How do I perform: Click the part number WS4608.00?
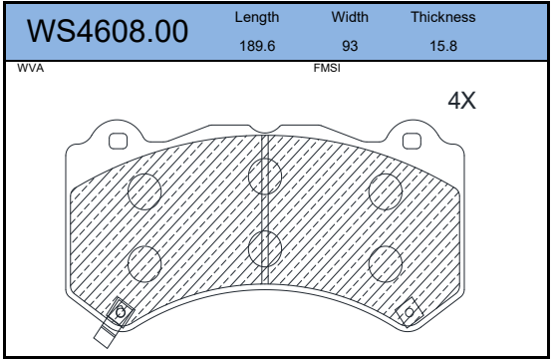point(108,31)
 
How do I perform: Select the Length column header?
point(257,17)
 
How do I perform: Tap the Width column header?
point(350,17)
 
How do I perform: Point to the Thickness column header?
point(443,17)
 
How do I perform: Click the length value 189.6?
point(257,46)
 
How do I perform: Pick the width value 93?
point(350,46)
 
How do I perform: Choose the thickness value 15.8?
point(443,46)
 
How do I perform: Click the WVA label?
point(30,68)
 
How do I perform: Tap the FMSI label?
point(327,68)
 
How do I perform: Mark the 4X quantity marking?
point(461,101)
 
